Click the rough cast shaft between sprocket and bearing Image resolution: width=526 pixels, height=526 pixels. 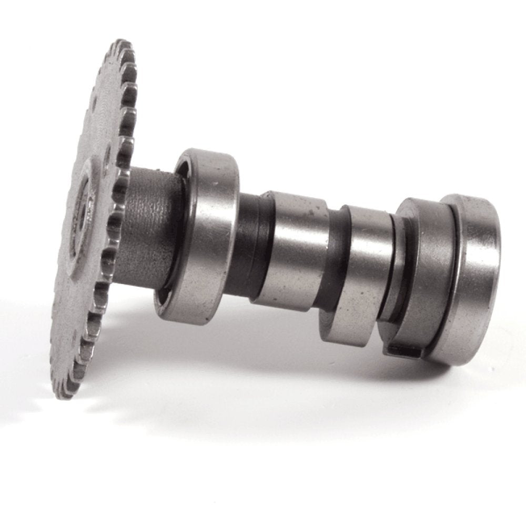tap(147, 226)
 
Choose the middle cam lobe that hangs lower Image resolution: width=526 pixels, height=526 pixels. tap(363, 274)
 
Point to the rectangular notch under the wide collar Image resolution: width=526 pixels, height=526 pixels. tap(402, 348)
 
